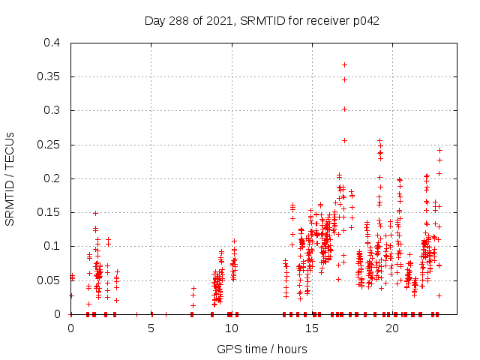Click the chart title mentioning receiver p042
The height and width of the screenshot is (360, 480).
pos(262,21)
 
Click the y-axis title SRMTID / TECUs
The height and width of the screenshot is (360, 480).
pos(10,178)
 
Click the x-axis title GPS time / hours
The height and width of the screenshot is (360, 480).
pos(262,349)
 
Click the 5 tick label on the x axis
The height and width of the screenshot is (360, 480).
pos(151,328)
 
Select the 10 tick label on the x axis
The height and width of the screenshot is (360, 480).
pos(231,328)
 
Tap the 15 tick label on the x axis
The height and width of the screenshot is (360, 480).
pos(311,328)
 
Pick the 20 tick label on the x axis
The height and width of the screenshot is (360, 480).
pos(391,328)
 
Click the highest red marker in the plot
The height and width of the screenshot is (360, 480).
pos(344,64)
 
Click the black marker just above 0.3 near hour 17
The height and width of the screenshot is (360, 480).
pos(344,109)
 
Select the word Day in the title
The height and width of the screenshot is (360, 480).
pos(155,21)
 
